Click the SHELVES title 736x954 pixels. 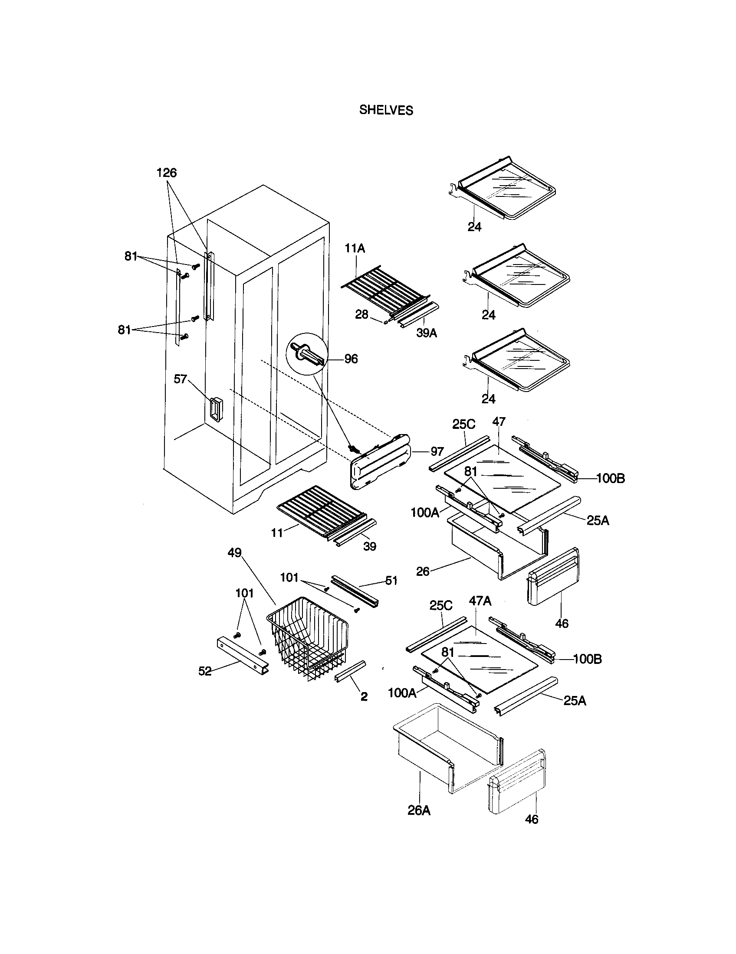tap(386, 110)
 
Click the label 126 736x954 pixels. tap(167, 173)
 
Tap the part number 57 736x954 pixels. tap(180, 379)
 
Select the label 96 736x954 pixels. tap(351, 359)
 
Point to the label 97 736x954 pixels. tap(437, 452)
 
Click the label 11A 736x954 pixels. tap(355, 248)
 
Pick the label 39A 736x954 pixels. tap(426, 333)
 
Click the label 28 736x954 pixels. tap(361, 314)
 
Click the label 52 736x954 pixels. tap(205, 671)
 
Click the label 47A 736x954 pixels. tap(480, 601)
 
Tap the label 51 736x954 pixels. tap(391, 581)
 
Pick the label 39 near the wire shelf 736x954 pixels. tap(370, 546)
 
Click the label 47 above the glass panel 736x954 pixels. tap(499, 421)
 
